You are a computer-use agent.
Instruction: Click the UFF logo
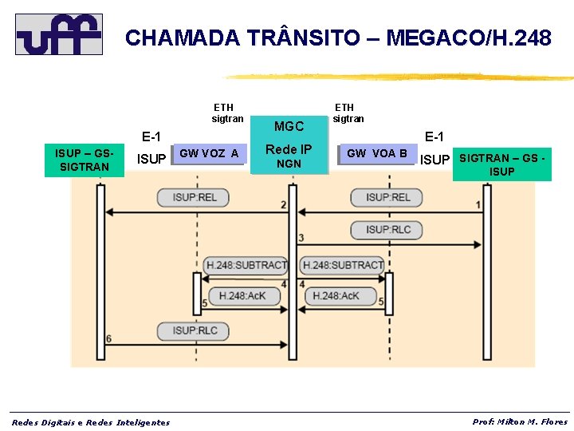[x=59, y=34]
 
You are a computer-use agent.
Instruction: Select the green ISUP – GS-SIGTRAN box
[x=84, y=160]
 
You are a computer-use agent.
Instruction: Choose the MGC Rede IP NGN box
[x=289, y=147]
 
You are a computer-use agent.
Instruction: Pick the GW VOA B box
[x=377, y=153]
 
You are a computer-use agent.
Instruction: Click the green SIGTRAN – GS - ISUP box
[x=502, y=165]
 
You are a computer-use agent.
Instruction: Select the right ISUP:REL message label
[x=388, y=197]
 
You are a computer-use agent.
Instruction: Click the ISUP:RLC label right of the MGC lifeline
[x=388, y=229]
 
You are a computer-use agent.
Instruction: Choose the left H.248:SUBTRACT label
[x=246, y=264]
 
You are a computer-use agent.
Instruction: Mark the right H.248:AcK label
[x=336, y=295]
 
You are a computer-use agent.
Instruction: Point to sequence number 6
[x=108, y=338]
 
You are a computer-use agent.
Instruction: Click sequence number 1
[x=478, y=205]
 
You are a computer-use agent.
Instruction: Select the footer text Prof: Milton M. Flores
[x=520, y=421]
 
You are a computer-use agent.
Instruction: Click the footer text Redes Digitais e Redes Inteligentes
[x=90, y=422]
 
